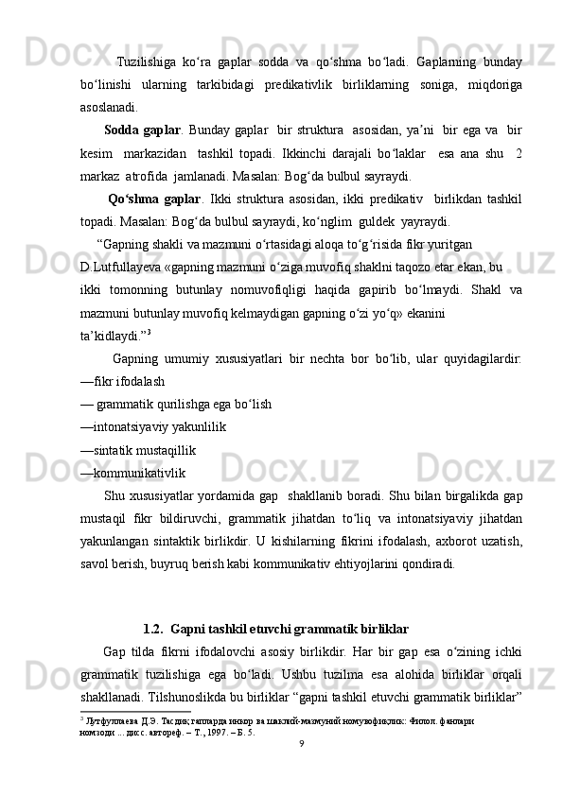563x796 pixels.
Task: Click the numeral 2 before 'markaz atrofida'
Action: [519, 152]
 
